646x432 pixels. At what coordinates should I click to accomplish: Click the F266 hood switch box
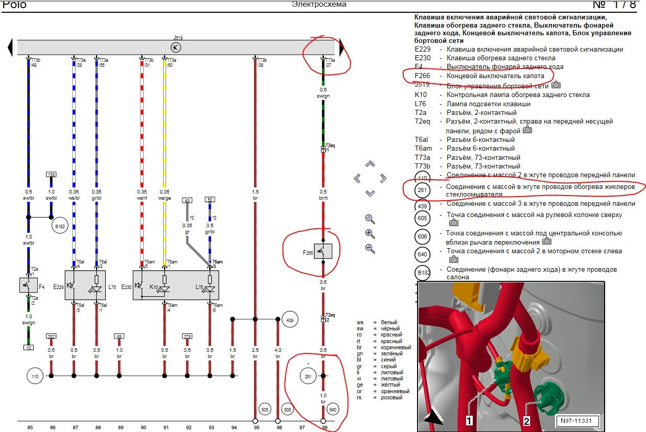pyautogui.click(x=323, y=251)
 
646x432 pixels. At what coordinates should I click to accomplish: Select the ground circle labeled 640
pyautogui.click(x=333, y=409)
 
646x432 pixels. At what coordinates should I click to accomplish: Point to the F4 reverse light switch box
pyautogui.click(x=29, y=285)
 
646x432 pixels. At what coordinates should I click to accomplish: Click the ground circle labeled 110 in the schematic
pyautogui.click(x=35, y=376)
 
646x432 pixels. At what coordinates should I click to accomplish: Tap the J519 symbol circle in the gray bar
pyautogui.click(x=176, y=47)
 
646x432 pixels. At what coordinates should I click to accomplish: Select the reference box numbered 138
pyautogui.click(x=51, y=175)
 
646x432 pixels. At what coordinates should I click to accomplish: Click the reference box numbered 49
pyautogui.click(x=187, y=200)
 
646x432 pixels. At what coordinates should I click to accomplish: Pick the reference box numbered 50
pyautogui.click(x=210, y=200)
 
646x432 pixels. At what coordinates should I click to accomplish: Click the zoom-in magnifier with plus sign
pyautogui.click(x=371, y=234)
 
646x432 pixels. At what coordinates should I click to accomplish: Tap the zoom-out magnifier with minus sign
pyautogui.click(x=371, y=249)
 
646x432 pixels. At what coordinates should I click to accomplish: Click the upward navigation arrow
pyautogui.click(x=371, y=164)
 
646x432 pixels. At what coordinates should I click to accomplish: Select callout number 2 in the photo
pyautogui.click(x=527, y=421)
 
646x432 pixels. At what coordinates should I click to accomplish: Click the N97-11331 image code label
pyautogui.click(x=577, y=421)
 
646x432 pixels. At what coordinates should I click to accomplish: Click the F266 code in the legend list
pyautogui.click(x=423, y=76)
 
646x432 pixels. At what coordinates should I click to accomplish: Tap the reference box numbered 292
pyautogui.click(x=51, y=337)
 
